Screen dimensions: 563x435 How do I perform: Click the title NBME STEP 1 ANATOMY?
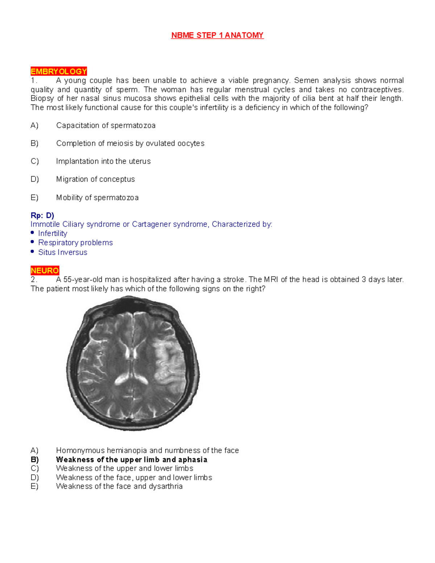click(x=217, y=35)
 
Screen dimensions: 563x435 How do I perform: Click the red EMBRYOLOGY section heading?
click(x=59, y=71)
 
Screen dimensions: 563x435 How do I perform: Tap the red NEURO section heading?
click(x=45, y=270)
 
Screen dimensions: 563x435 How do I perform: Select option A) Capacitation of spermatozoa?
click(x=105, y=125)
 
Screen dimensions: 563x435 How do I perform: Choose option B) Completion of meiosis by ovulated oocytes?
click(x=130, y=144)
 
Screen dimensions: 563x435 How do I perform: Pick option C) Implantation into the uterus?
click(x=103, y=161)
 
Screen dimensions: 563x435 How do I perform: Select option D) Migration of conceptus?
click(x=95, y=179)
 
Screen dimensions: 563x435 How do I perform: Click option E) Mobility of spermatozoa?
click(x=97, y=198)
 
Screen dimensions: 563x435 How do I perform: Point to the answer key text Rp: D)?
click(x=42, y=215)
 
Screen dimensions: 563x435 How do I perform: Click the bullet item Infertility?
click(x=53, y=233)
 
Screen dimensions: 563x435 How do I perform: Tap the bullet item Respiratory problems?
click(x=75, y=243)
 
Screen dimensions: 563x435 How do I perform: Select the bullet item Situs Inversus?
click(x=63, y=252)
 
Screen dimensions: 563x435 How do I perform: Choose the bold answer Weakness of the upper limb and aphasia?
click(x=132, y=460)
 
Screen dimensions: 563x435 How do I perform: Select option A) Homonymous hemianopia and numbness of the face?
click(x=147, y=451)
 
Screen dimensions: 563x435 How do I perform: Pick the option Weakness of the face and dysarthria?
click(x=119, y=487)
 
